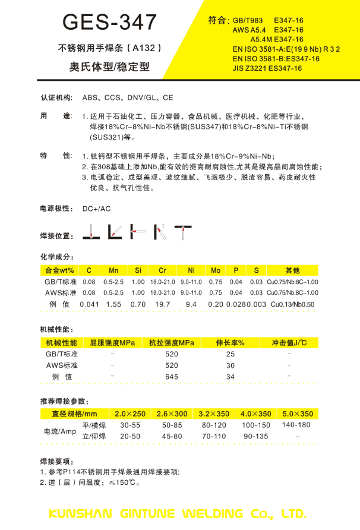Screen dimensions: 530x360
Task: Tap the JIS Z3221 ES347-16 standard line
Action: (x=267, y=68)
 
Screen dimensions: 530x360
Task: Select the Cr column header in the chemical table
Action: (x=162, y=270)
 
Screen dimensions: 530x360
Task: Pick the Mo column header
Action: (x=216, y=270)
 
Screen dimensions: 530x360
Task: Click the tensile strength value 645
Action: (x=172, y=377)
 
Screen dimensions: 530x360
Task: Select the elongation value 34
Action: (x=230, y=377)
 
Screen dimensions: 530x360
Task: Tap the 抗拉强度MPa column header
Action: (x=172, y=343)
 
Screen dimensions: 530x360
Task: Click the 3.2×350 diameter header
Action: (x=214, y=414)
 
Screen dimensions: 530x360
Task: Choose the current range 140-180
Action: (x=296, y=425)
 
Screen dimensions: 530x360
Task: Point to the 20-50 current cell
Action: (x=130, y=436)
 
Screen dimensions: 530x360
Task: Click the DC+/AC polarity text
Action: (x=96, y=209)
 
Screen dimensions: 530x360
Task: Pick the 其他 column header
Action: (x=293, y=270)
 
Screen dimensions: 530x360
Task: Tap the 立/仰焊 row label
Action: (x=94, y=436)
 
